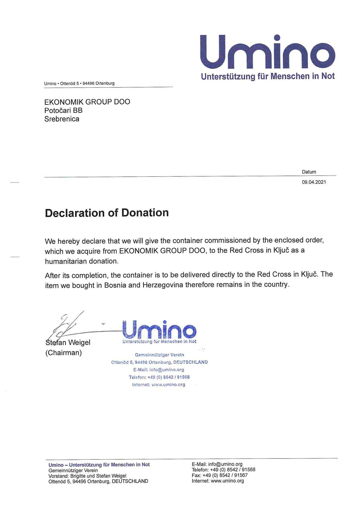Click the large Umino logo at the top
[267, 52]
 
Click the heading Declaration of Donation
[107, 213]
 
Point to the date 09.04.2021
[314, 182]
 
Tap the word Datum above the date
[309, 172]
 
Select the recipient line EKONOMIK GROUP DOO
[87, 102]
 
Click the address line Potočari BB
[63, 111]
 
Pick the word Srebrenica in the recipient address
[62, 119]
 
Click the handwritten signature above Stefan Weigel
[65, 325]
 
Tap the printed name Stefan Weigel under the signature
[68, 343]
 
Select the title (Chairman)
[64, 353]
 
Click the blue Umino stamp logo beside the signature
[159, 330]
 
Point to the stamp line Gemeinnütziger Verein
[159, 355]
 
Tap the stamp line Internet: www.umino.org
[159, 385]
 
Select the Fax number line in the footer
[219, 475]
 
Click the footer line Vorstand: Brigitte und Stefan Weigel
[87, 476]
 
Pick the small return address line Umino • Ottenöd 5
[79, 84]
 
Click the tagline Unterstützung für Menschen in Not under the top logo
[268, 76]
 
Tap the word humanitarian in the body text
[66, 261]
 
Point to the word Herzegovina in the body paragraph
[163, 285]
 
